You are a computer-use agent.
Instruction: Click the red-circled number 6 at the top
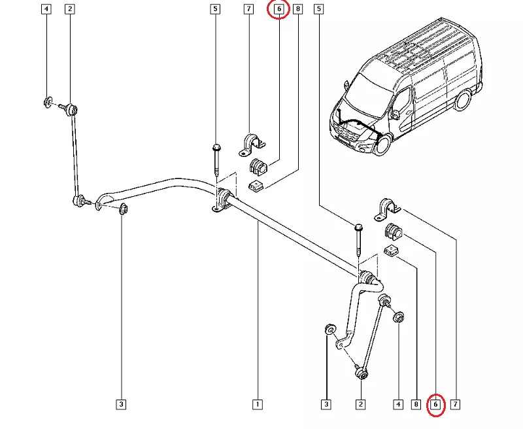point(278,9)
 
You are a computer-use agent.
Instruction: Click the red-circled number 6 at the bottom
point(436,405)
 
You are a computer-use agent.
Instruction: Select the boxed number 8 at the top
point(298,9)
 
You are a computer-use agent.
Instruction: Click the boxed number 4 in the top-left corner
point(46,9)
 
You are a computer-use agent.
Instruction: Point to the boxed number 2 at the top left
point(70,9)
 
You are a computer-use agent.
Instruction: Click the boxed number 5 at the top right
point(318,9)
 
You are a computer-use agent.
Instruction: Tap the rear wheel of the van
point(463,99)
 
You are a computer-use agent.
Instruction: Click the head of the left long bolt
point(216,147)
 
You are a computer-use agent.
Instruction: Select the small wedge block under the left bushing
point(256,187)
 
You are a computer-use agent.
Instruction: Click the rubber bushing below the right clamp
point(394,230)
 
